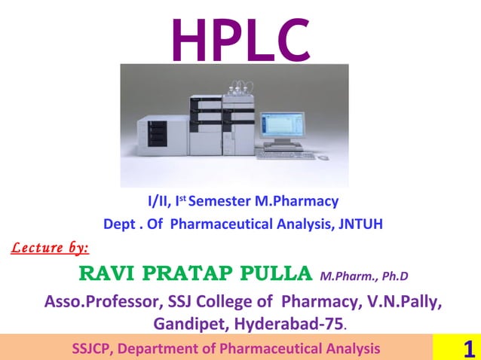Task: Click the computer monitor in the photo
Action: point(283,127)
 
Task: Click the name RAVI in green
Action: point(108,271)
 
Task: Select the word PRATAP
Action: point(185,271)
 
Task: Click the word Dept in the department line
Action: point(120,224)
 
